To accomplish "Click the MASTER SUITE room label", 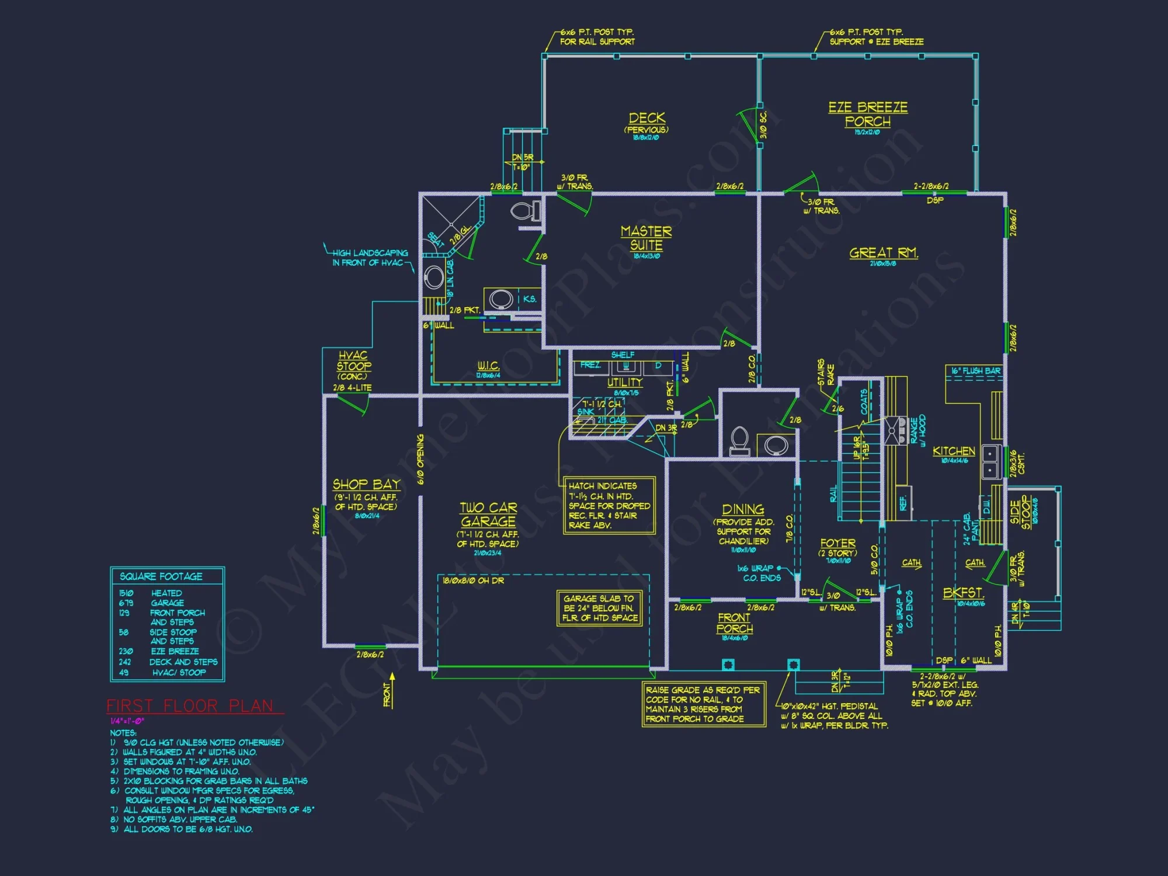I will (x=646, y=238).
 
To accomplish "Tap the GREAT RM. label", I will (x=883, y=253).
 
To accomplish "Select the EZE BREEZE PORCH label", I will (x=868, y=114).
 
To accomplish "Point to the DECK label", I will (x=646, y=118).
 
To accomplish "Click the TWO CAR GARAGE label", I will (x=488, y=515).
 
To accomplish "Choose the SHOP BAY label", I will (x=366, y=485).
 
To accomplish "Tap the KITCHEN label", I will (x=954, y=451).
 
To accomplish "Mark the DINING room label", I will (x=743, y=509).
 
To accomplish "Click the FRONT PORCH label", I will (x=734, y=623).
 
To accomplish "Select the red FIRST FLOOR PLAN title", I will (x=190, y=706).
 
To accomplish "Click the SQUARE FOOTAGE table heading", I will (x=161, y=576).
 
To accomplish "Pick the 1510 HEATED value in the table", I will (x=151, y=593).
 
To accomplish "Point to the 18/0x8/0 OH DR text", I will (x=473, y=580).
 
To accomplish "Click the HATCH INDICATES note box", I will (x=609, y=505).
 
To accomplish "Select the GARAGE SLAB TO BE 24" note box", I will (x=599, y=608).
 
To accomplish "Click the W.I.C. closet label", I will (x=488, y=366).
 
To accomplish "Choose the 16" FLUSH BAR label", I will (x=975, y=371).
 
